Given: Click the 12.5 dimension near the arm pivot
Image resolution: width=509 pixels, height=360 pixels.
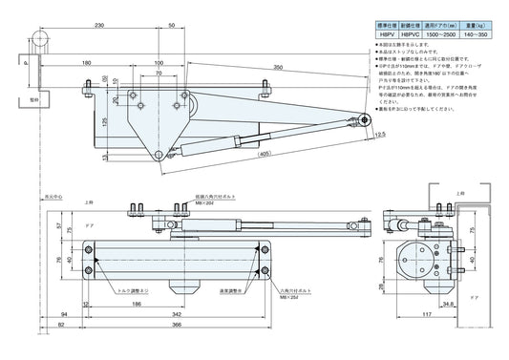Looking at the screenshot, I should click(380, 136).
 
